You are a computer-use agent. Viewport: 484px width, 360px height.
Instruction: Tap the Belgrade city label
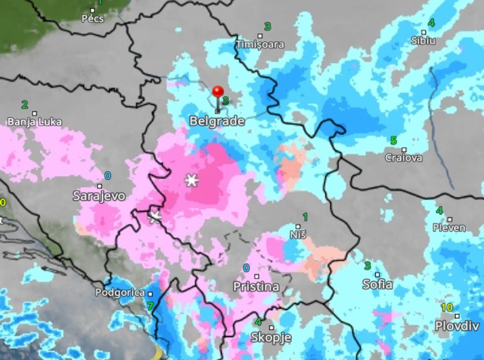[217, 121]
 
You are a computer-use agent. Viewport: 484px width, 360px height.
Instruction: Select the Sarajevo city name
[99, 196]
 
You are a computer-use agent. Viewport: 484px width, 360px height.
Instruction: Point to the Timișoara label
[260, 44]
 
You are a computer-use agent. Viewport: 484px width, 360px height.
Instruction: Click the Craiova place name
[404, 158]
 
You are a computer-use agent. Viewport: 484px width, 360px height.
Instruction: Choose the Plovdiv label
[455, 326]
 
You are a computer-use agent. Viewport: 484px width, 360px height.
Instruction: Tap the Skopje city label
[271, 338]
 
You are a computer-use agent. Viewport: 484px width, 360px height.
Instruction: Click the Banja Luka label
[35, 122]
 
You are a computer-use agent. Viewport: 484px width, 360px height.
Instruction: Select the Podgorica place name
[120, 293]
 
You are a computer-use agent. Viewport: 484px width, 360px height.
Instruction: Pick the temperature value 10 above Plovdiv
[447, 308]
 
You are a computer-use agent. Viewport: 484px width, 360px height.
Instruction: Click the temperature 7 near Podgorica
[150, 306]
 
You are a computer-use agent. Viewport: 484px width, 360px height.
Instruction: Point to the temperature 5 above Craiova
[393, 141]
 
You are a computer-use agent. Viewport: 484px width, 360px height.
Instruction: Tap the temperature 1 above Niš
[305, 216]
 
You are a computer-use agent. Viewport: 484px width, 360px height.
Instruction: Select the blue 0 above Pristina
[247, 268]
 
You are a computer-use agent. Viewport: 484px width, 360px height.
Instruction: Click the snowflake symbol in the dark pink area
[192, 181]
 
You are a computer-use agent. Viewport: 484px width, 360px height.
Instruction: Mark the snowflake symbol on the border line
[155, 216]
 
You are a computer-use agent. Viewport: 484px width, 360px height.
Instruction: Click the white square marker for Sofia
[377, 275]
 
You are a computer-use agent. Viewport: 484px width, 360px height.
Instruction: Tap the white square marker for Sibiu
[424, 32]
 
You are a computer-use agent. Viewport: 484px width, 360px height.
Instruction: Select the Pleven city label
[449, 228]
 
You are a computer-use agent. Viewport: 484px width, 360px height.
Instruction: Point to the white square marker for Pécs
[93, 10]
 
